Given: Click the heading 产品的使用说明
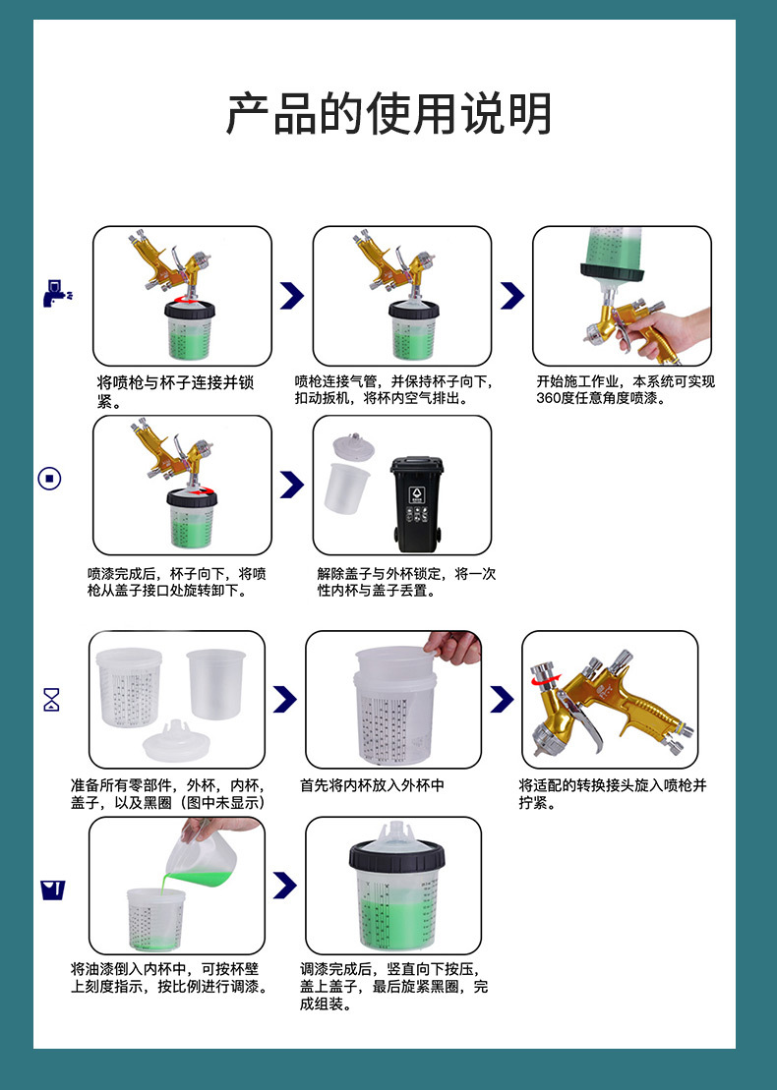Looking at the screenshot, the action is (x=388, y=113).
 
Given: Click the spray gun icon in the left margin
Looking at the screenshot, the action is (x=57, y=293).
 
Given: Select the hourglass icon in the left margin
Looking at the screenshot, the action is (x=51, y=700).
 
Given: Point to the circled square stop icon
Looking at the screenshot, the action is (x=49, y=479).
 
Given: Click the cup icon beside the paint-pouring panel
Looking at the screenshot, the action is (x=53, y=889).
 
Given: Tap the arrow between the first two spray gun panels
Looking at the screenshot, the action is (x=292, y=296).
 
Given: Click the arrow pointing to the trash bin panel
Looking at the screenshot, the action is (x=292, y=485).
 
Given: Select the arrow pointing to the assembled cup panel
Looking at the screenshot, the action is (x=285, y=885).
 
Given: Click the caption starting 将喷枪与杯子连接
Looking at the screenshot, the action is (x=175, y=391).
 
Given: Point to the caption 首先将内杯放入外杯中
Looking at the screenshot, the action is (x=372, y=785).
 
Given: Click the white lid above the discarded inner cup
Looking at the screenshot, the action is (x=353, y=447).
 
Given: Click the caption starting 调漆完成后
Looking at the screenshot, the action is (x=393, y=987).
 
